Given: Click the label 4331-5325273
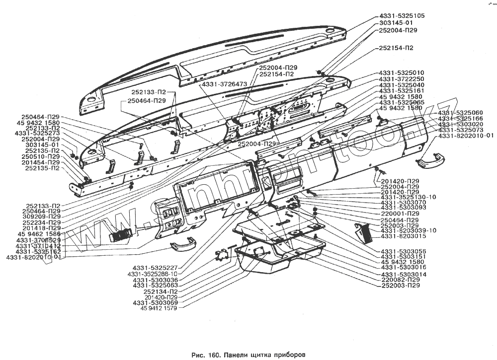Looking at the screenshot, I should pos(37,134).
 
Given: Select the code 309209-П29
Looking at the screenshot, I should pos(39,216).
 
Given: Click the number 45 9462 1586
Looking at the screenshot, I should pos(39,233).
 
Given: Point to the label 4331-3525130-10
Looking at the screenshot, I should pos(408,197).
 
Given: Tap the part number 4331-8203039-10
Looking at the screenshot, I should pos(408,230).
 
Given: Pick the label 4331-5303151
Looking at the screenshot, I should pos(403,257).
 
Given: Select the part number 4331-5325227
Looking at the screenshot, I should pos(154,268).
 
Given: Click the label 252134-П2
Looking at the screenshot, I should pos(160,291).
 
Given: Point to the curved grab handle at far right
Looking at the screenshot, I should pos(430,159).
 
